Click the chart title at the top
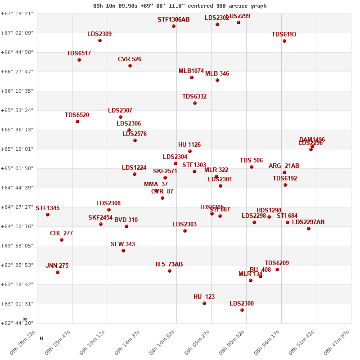click(180, 6)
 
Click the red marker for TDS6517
click(79, 60)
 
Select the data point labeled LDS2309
click(100, 40)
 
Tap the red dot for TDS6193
click(284, 41)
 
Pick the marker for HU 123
click(204, 303)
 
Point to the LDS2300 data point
click(242, 310)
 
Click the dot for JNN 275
click(58, 272)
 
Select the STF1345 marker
click(48, 215)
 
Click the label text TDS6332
click(194, 97)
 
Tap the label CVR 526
click(130, 59)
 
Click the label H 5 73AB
click(169, 265)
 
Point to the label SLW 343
click(123, 244)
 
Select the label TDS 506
click(251, 161)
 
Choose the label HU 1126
click(189, 145)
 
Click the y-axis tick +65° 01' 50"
click(18, 168)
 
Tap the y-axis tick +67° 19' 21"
click(18, 13)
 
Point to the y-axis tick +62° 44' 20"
click(18, 323)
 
